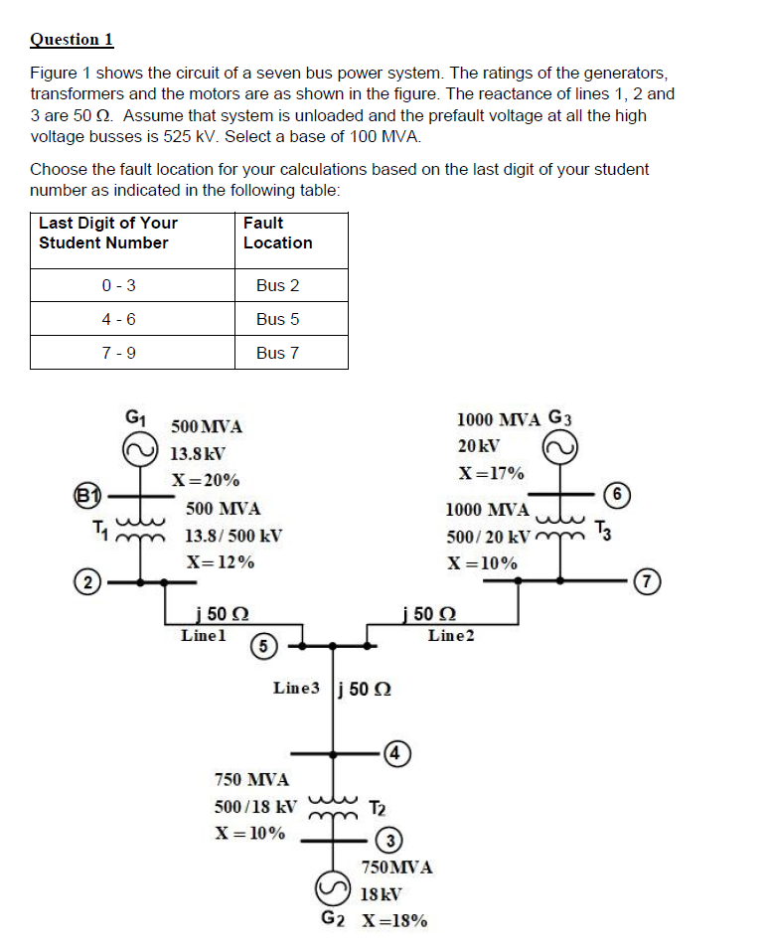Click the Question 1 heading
click(x=72, y=40)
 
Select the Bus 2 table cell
click(x=277, y=285)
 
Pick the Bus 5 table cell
click(x=277, y=319)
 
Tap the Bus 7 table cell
click(x=277, y=353)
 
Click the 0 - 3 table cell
click(x=118, y=285)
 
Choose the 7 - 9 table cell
click(x=118, y=353)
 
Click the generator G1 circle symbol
click(x=139, y=450)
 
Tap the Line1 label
click(x=204, y=633)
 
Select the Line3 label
click(x=297, y=688)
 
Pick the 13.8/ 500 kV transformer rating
click(x=233, y=536)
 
